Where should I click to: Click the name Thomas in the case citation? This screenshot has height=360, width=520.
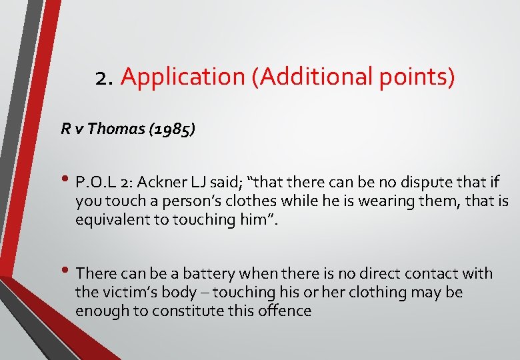(115, 129)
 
